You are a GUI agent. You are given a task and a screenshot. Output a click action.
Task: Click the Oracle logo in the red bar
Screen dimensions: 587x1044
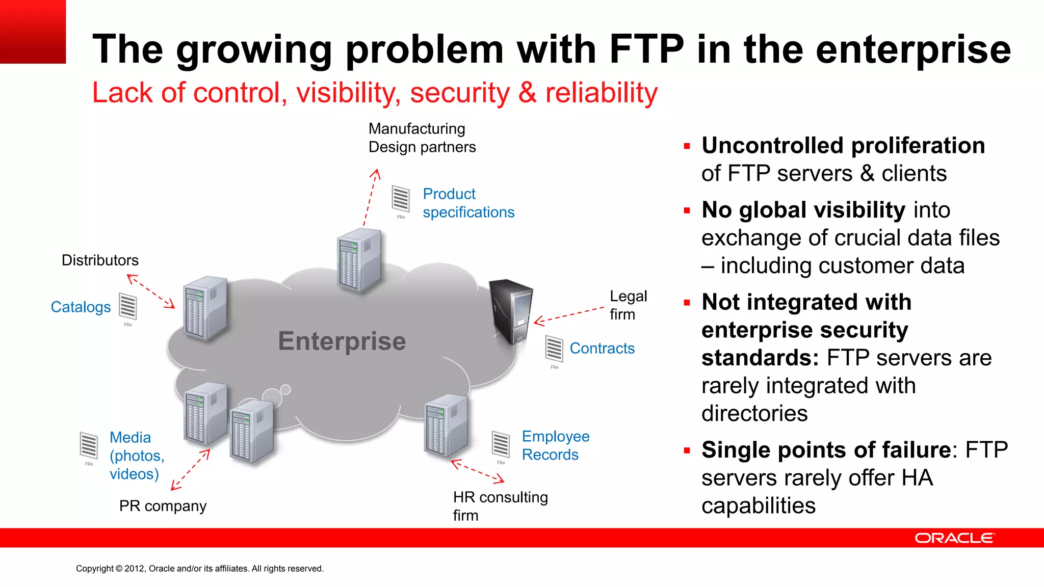[x=954, y=538]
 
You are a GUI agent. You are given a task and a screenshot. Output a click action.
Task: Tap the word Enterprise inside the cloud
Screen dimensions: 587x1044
[x=342, y=341]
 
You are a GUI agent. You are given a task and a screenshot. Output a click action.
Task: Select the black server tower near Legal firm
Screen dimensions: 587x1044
[x=511, y=311]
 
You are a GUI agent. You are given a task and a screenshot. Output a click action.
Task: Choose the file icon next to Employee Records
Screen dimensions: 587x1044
[x=501, y=444]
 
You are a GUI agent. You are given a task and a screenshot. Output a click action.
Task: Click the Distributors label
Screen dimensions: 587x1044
[x=100, y=260]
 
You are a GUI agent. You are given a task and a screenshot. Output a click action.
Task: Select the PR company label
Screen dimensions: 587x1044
[x=163, y=506]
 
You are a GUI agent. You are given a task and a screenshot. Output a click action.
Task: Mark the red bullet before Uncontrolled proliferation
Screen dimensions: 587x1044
[x=687, y=147]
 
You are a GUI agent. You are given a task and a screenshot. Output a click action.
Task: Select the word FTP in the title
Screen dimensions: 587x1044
[x=646, y=49]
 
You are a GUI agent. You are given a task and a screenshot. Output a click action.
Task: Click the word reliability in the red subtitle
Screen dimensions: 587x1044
[x=601, y=93]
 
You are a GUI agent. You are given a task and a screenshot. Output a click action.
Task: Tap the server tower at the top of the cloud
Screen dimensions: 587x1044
[x=359, y=260]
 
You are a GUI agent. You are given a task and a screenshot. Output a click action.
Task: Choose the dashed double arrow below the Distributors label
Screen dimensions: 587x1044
[x=150, y=291]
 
